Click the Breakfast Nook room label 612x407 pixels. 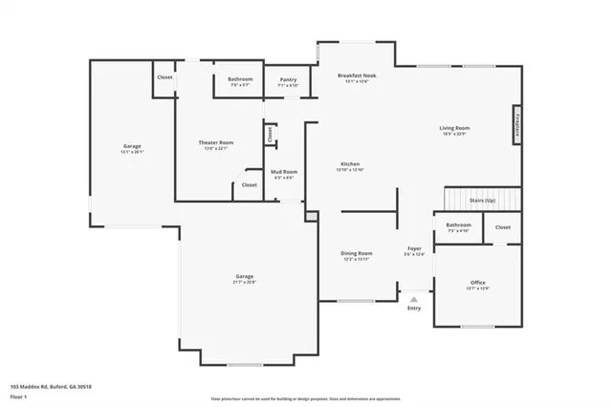click(356, 75)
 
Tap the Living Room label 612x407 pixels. click(453, 127)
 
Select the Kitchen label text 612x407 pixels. click(350, 164)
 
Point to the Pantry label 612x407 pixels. click(288, 80)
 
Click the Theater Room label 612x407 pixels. click(215, 142)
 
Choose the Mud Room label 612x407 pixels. click(285, 172)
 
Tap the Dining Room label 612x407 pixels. click(356, 253)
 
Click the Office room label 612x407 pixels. click(477, 283)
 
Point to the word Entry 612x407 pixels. click(414, 308)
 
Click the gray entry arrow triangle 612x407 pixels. click(414, 299)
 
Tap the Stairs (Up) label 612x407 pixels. click(483, 201)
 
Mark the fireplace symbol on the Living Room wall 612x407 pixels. click(517, 125)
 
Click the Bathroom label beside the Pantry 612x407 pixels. click(240, 79)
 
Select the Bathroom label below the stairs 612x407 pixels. click(457, 225)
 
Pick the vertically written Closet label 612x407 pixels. click(271, 136)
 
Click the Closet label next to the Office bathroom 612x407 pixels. click(502, 227)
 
